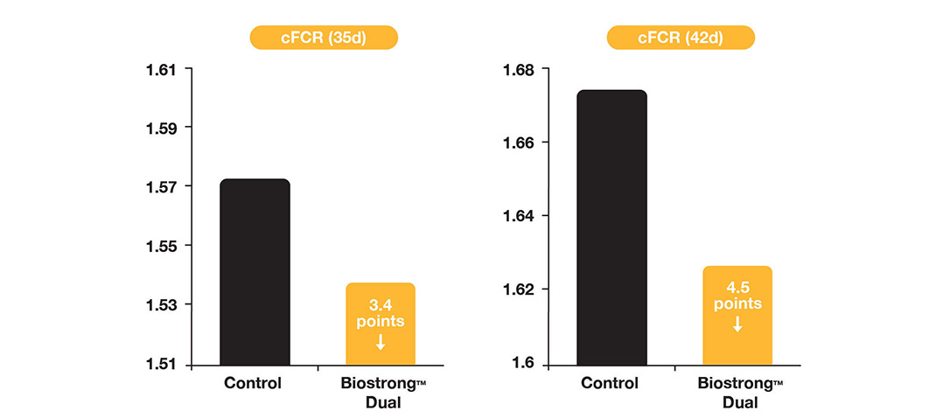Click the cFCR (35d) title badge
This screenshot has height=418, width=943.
click(324, 38)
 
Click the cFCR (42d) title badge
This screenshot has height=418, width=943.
click(680, 38)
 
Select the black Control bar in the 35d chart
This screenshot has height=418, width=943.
click(255, 272)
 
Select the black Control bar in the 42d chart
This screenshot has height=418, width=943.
click(611, 227)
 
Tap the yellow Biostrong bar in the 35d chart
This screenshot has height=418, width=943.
click(381, 324)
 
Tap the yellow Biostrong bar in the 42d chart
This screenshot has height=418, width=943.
click(737, 315)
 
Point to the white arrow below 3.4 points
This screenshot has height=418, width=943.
click(381, 342)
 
